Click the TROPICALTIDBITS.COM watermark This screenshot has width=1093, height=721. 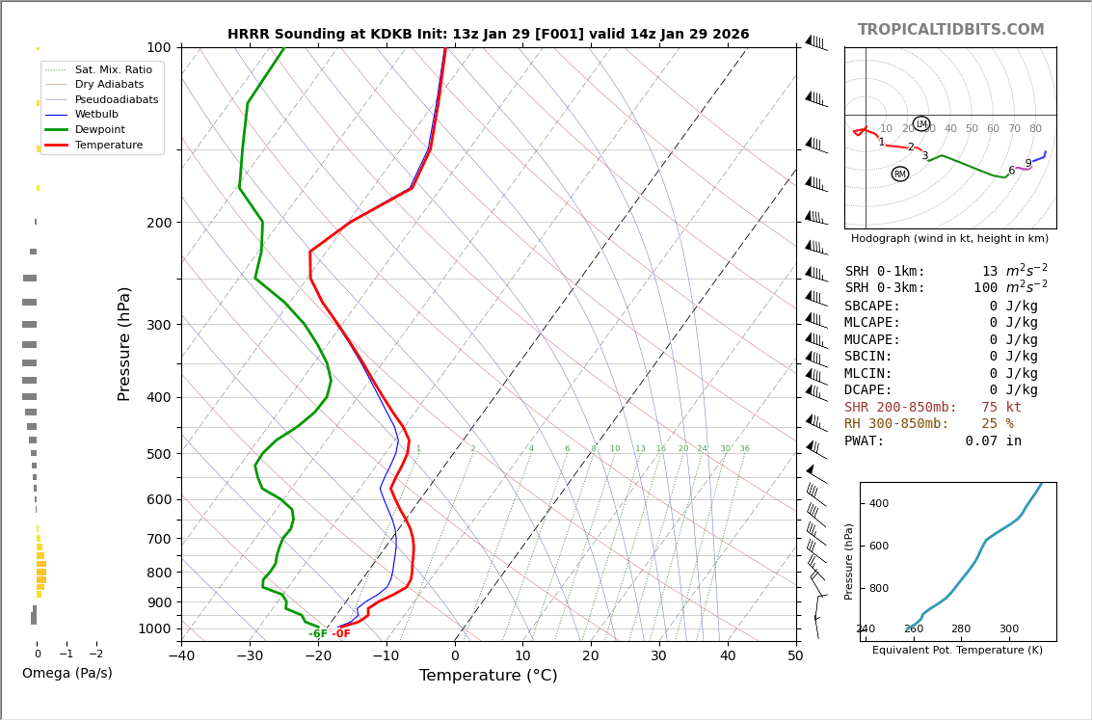(950, 30)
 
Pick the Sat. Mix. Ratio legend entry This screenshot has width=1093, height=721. (113, 69)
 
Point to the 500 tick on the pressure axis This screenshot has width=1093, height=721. (158, 454)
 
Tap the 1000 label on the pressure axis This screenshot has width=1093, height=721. (154, 628)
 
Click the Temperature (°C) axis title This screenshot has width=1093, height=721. (488, 677)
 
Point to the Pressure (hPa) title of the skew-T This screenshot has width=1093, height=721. (125, 343)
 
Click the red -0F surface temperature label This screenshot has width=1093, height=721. (341, 634)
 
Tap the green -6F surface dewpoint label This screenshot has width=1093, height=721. (317, 634)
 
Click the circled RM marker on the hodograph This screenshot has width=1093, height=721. (900, 174)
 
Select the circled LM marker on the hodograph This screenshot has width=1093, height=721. (921, 124)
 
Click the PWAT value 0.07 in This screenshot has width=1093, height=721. (993, 441)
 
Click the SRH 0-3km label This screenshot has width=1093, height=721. (884, 288)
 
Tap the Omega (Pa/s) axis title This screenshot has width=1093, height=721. (67, 674)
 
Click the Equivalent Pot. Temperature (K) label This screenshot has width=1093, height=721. (957, 651)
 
